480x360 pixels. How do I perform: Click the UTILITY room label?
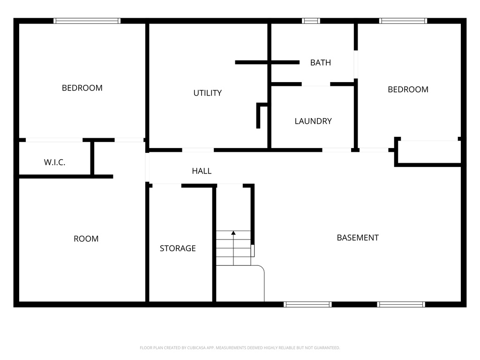pos(207,93)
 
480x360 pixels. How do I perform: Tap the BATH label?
pos(320,62)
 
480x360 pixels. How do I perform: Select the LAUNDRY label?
pos(313,121)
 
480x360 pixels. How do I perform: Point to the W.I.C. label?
pos(54,163)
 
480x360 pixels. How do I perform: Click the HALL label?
pos(202,171)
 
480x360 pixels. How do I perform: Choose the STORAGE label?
pos(178,248)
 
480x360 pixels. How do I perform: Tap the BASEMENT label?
pos(358,238)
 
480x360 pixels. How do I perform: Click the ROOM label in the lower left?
pos(86,239)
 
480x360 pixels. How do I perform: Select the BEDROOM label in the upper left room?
pos(82,88)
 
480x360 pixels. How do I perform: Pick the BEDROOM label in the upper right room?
pos(408,90)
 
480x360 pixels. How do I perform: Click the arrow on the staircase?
pos(233,233)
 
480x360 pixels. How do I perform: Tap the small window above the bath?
pos(311,21)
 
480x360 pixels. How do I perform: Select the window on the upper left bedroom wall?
pos(87,21)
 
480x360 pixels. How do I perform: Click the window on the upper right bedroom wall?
pos(403,21)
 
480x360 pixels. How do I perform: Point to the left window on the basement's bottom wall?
pos(307,304)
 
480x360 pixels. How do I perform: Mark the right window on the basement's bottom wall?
pos(401,304)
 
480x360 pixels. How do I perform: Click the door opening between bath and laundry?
pos(315,84)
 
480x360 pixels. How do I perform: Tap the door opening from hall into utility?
pos(198,150)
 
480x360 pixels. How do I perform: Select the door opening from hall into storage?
pos(167,186)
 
